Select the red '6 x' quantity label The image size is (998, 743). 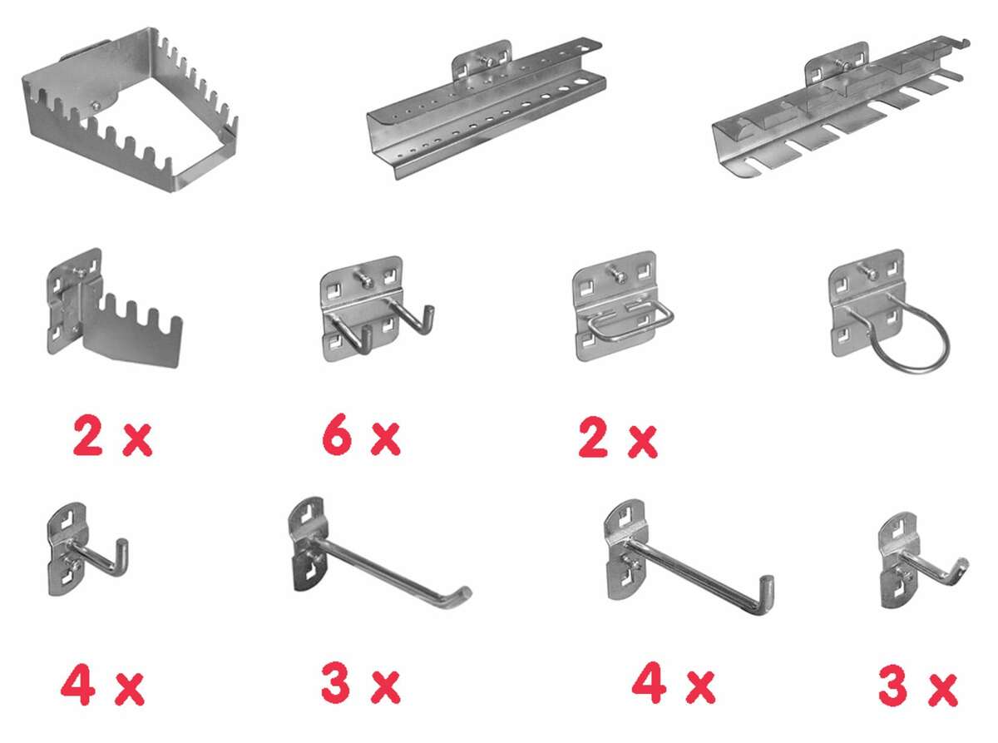(361, 438)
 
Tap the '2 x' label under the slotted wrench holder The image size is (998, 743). (112, 438)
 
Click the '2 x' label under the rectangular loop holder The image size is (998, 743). (618, 438)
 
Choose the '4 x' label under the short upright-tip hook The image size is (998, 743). (102, 686)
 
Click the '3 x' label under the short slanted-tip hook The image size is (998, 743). (919, 686)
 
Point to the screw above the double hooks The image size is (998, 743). (365, 278)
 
